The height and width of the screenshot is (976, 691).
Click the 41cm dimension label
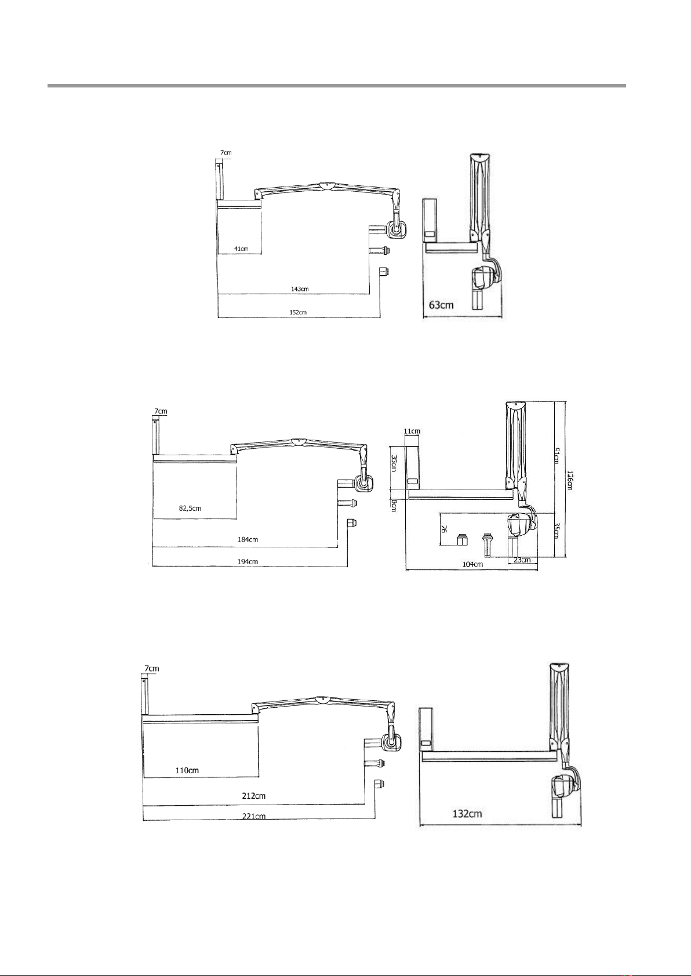[x=241, y=249]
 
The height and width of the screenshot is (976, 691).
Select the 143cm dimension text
[x=300, y=289]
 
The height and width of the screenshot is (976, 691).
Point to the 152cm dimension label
[x=298, y=312]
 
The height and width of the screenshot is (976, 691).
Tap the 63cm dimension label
[x=441, y=305]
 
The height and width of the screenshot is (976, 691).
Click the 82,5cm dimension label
[x=190, y=508]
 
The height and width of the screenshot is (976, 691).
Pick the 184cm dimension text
[x=248, y=539]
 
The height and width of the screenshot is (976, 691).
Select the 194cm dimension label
[x=248, y=562]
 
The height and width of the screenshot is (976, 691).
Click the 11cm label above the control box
[x=412, y=432]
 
